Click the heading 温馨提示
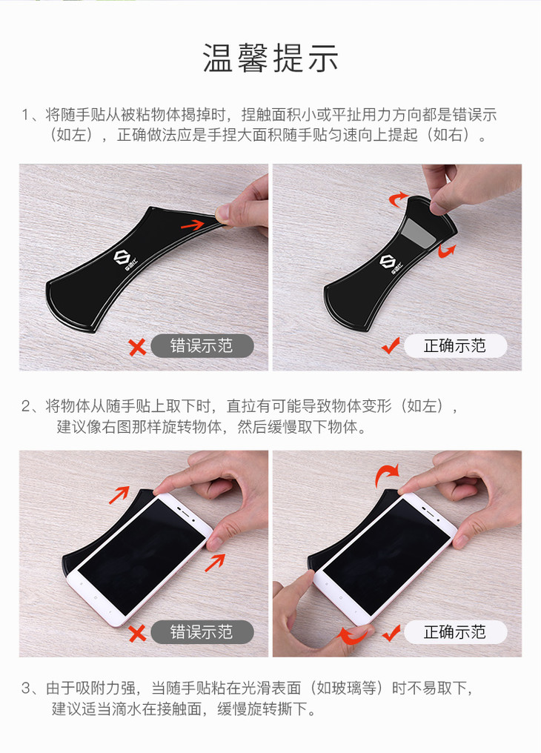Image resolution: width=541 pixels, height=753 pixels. point(270,58)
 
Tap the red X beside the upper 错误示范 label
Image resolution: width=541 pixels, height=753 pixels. point(138,347)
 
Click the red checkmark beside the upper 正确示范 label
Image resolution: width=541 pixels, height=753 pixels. point(391,345)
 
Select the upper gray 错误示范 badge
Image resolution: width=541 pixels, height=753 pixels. point(202,346)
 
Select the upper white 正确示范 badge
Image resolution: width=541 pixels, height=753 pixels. point(455,346)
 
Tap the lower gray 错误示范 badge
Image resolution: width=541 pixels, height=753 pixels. point(202,632)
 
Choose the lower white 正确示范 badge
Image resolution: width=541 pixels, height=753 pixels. point(455,632)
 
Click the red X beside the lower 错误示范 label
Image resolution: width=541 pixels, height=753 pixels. point(138,633)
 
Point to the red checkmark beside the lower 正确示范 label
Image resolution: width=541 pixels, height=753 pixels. point(391,632)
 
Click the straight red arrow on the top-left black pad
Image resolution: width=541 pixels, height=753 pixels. point(193,225)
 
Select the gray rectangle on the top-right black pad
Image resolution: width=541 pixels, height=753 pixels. point(419,232)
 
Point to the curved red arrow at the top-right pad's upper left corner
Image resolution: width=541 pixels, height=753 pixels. point(397,199)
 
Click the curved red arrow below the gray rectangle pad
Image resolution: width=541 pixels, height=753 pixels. point(446,251)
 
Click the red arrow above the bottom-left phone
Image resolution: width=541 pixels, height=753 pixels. point(119,495)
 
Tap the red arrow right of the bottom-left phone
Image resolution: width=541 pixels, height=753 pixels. point(215,563)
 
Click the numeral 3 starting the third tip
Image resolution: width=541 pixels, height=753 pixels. point(27,689)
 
